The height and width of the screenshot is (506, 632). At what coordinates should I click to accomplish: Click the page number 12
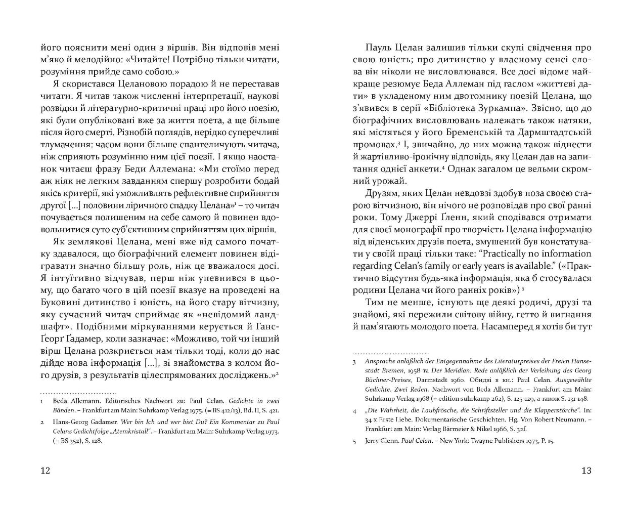(x=45, y=471)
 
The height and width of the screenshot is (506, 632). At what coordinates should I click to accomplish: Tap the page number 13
(x=586, y=471)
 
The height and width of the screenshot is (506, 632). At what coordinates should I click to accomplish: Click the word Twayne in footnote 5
(x=467, y=441)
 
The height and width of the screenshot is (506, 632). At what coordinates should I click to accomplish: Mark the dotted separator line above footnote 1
(x=78, y=393)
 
